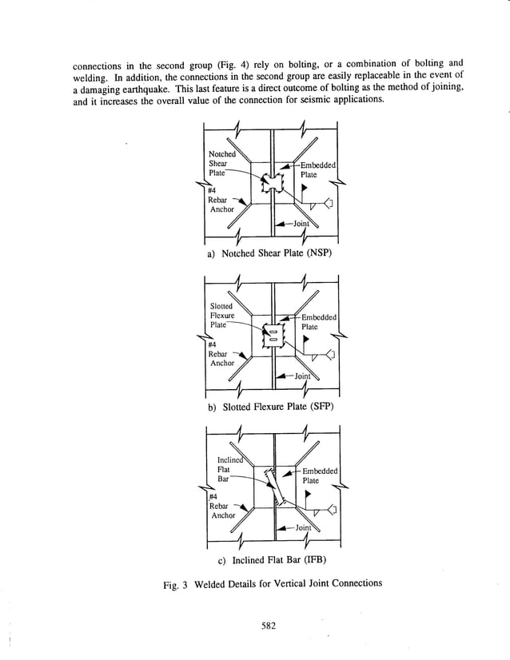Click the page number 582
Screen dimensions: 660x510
click(268, 626)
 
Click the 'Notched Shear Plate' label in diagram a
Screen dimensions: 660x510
click(222, 162)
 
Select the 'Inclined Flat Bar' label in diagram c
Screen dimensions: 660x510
click(229, 469)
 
